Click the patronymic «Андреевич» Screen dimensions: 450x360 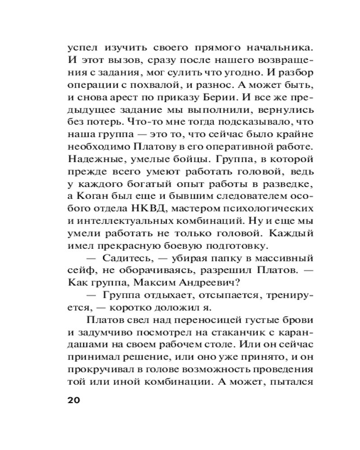pos(206,284)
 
